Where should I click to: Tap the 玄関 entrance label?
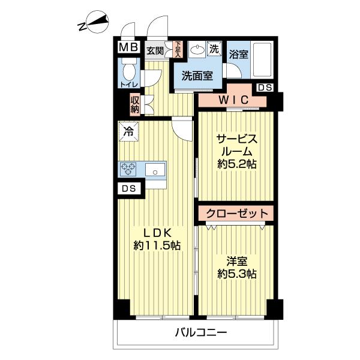pos(155,50)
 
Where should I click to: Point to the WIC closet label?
pos(230,100)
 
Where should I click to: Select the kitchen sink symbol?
pos(155,170)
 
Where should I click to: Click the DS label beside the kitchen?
pos(127,188)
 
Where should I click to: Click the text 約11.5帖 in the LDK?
pos(157,245)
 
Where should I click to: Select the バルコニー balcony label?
pos(202,332)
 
